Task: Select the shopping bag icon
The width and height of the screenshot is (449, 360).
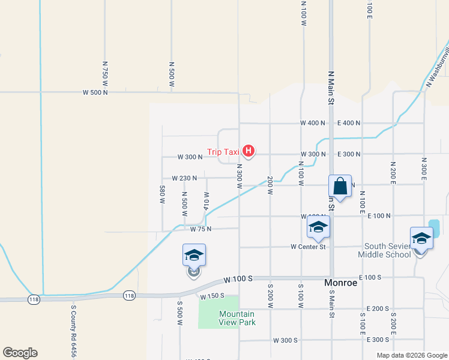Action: tap(340, 187)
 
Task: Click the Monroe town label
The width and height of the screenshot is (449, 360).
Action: tap(340, 283)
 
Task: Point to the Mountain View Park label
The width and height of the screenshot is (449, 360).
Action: tap(237, 318)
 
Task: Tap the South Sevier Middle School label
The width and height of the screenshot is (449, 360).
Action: tap(384, 251)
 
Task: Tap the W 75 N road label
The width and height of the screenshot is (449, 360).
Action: tap(201, 229)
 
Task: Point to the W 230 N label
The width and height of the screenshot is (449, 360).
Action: tap(184, 178)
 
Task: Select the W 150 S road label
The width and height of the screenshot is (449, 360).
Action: tap(212, 296)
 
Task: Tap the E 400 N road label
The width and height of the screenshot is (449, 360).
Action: tap(349, 123)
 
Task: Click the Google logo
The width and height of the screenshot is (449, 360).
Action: tap(19, 353)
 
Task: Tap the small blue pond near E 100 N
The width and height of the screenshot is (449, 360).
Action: tap(434, 229)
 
